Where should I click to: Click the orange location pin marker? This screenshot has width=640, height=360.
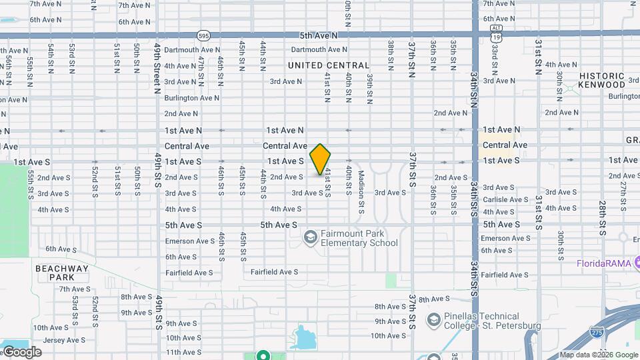321,159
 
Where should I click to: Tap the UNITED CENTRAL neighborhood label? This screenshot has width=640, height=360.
328,65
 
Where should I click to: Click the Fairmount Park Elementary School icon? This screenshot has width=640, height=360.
310,237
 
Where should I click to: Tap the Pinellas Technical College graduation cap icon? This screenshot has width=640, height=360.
434,321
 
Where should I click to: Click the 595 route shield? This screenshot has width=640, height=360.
204,35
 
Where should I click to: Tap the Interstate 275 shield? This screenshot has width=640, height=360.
597,331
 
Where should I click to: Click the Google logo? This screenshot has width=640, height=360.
21,351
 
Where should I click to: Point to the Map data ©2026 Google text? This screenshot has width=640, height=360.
599,355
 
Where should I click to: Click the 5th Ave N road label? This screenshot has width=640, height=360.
319,35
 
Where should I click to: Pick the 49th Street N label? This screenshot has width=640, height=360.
157,67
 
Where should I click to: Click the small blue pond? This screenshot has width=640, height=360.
304,337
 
